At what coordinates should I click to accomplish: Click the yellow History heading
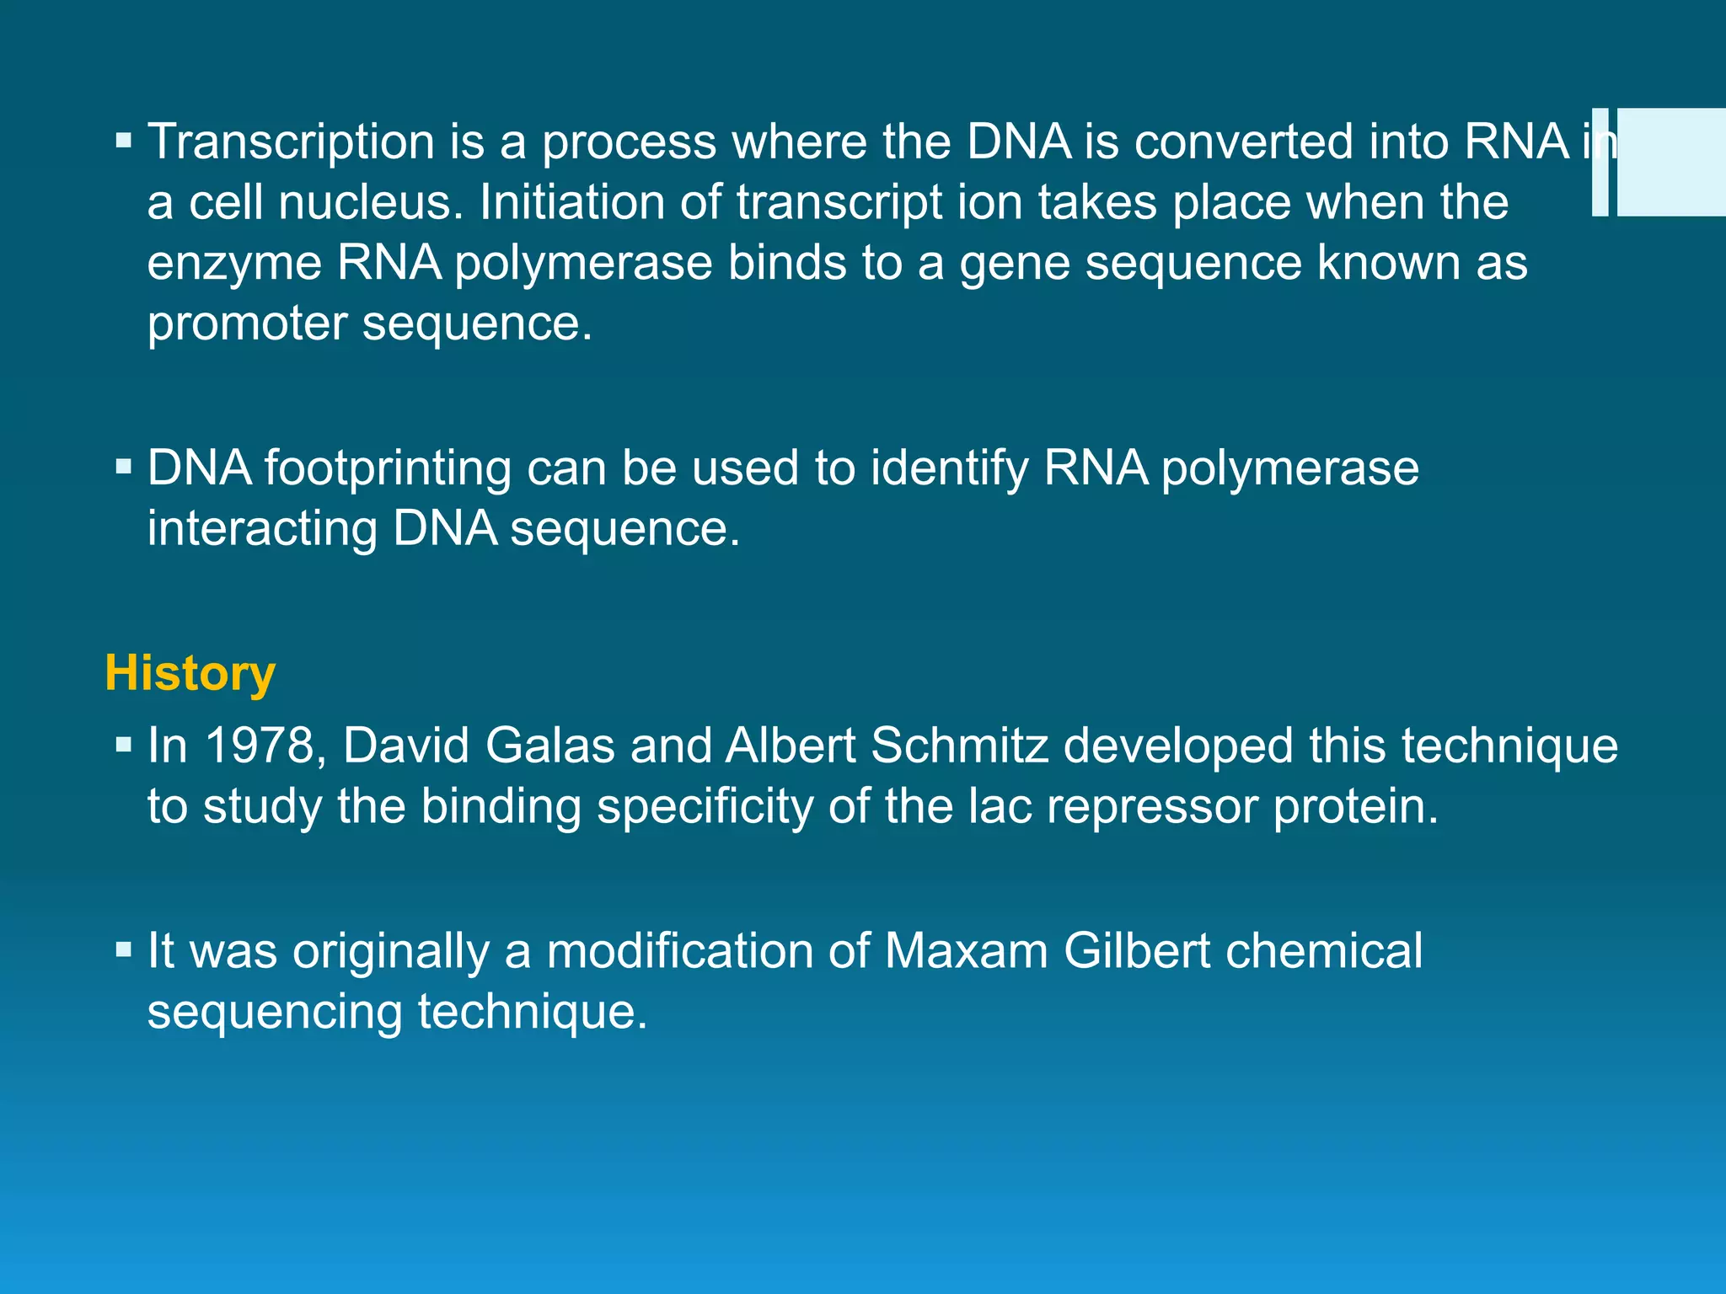coord(190,673)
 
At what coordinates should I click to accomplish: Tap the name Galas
coord(550,746)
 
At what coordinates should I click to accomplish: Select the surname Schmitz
coord(959,746)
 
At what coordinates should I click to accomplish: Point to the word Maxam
coord(966,951)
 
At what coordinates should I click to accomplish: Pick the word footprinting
coord(388,468)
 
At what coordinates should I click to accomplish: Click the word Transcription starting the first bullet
coord(291,142)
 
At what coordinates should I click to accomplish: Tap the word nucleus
coord(371,202)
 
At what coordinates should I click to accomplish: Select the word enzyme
coord(234,263)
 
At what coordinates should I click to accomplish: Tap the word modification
coord(679,951)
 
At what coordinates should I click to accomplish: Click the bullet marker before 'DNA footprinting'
coord(124,466)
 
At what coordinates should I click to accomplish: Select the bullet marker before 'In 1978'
coord(124,744)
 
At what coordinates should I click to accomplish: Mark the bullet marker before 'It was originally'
coord(124,949)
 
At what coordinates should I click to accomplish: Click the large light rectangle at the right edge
coord(1671,162)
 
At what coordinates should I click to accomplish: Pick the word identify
coord(949,468)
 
